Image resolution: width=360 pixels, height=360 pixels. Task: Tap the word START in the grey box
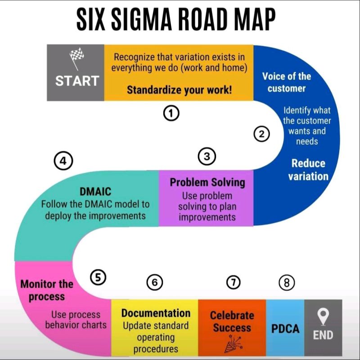[x=77, y=81]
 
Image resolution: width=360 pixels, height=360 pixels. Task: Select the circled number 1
[x=171, y=114]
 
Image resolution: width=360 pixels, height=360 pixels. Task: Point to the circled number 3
[x=207, y=156]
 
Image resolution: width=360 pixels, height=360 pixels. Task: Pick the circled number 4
[x=63, y=161]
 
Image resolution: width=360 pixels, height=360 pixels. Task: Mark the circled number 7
[x=233, y=282]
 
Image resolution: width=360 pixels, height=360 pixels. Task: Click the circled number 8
[x=287, y=283]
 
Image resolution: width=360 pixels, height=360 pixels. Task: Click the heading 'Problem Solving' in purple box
[x=207, y=182]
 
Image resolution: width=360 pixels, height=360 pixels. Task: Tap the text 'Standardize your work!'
[x=179, y=90]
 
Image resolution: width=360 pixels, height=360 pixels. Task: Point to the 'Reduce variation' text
[x=308, y=170]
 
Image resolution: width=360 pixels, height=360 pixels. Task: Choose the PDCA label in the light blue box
[x=285, y=329]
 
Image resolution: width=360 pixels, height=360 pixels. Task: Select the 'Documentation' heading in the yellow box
[x=156, y=313]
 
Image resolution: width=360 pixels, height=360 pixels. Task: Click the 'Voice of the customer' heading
[x=286, y=82]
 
